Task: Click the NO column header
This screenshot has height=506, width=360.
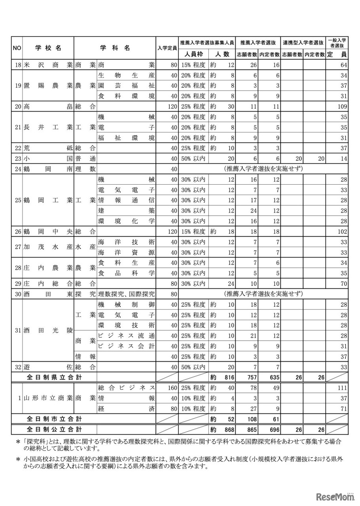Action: click(17, 48)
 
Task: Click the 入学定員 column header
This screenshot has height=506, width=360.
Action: click(167, 48)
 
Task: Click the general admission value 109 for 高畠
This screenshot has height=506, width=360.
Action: click(343, 107)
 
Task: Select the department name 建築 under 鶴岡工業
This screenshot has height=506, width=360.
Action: click(126, 210)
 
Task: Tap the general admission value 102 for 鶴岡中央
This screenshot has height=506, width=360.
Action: click(343, 231)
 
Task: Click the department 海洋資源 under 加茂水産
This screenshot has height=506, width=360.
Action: click(126, 252)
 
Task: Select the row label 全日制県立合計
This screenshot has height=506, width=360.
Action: click(54, 377)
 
